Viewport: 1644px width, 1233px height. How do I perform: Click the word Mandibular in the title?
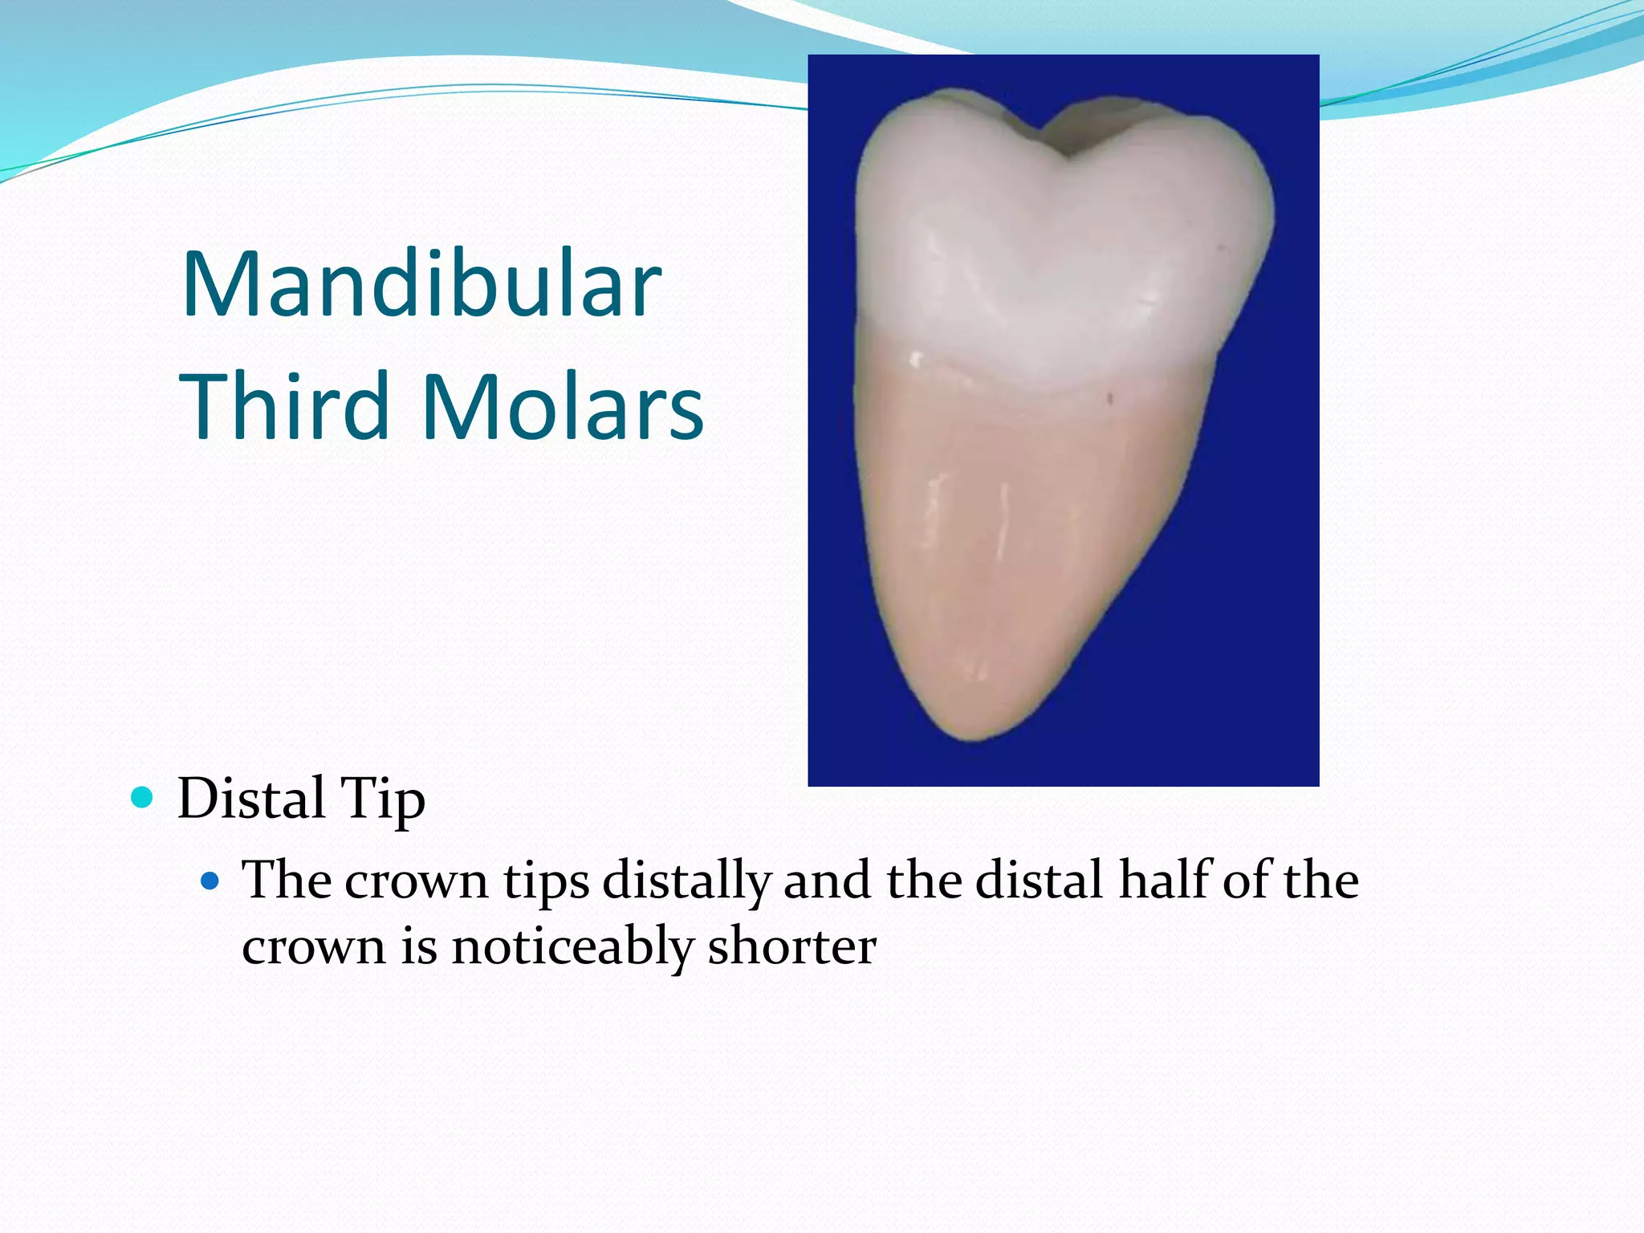pyautogui.click(x=421, y=285)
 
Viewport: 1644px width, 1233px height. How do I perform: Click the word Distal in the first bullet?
pyautogui.click(x=251, y=798)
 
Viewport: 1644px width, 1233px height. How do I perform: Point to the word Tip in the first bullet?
pyautogui.click(x=383, y=800)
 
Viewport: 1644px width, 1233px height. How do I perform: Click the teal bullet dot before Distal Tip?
pyautogui.click(x=142, y=797)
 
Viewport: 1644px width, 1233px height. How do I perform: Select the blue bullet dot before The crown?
pyautogui.click(x=210, y=881)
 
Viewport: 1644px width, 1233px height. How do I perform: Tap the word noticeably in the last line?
pyautogui.click(x=572, y=946)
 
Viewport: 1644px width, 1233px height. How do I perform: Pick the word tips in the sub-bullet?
pyautogui.click(x=546, y=881)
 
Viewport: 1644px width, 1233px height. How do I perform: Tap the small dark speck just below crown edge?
pyautogui.click(x=1110, y=397)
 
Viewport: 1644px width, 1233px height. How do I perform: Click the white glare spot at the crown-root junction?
pyautogui.click(x=914, y=358)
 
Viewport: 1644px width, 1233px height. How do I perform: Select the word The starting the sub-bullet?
pyautogui.click(x=287, y=880)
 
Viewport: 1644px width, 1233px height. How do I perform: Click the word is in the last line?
pyautogui.click(x=419, y=946)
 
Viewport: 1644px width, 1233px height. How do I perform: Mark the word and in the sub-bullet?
pyautogui.click(x=827, y=881)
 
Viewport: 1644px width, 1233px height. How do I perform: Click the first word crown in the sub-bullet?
pyautogui.click(x=417, y=881)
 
